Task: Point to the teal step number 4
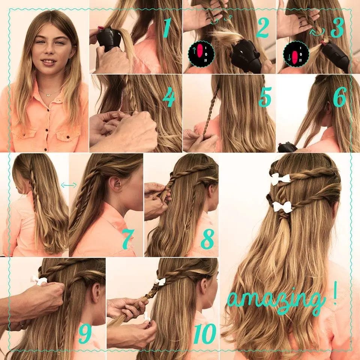(169, 98)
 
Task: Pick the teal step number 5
(265, 97)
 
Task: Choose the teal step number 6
(340, 97)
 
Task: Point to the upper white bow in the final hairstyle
(280, 179)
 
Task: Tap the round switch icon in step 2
(201, 54)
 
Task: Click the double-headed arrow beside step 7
(69, 185)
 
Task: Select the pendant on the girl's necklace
(48, 94)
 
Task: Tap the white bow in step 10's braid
(160, 282)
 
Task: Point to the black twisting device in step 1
(108, 39)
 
